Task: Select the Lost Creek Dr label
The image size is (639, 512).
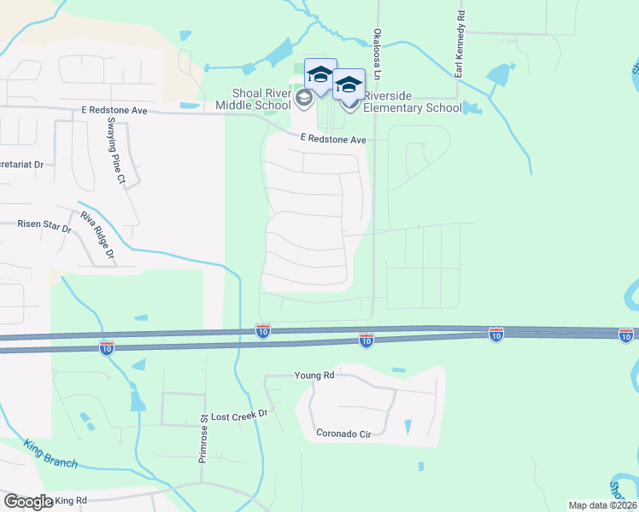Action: [x=239, y=413]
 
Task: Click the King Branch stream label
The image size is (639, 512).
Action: [x=51, y=454]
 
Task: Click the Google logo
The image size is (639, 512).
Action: [x=27, y=501]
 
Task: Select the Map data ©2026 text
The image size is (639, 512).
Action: [x=602, y=505]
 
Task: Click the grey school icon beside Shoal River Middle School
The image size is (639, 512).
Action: [x=302, y=100]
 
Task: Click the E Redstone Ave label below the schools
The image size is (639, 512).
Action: [x=332, y=139]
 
